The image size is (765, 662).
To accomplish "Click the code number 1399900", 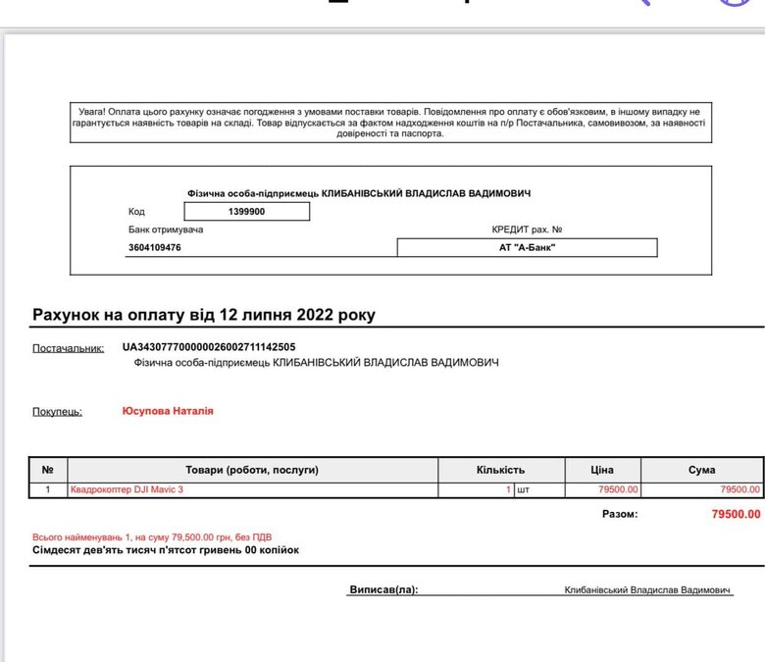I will [x=247, y=212].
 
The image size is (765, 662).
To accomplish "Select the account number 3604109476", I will [x=154, y=248].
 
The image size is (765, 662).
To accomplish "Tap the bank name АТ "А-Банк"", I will [x=528, y=248].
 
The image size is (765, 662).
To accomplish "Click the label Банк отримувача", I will [x=165, y=229].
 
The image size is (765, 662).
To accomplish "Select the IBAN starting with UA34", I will [x=209, y=347].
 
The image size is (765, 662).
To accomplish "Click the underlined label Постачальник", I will [x=68, y=348].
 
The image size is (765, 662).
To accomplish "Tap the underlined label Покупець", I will [x=57, y=412].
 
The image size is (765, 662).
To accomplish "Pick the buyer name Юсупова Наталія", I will [x=168, y=411].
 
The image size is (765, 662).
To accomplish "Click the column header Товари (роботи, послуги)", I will [x=252, y=470].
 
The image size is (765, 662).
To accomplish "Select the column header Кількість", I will [x=501, y=470].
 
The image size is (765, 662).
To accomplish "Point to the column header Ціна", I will [x=602, y=470].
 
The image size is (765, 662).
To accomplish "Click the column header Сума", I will [x=701, y=470].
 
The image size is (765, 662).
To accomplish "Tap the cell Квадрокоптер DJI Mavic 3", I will [x=127, y=489].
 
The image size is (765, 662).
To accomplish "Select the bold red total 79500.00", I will [x=735, y=514].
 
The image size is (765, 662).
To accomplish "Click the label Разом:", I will [x=618, y=514].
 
